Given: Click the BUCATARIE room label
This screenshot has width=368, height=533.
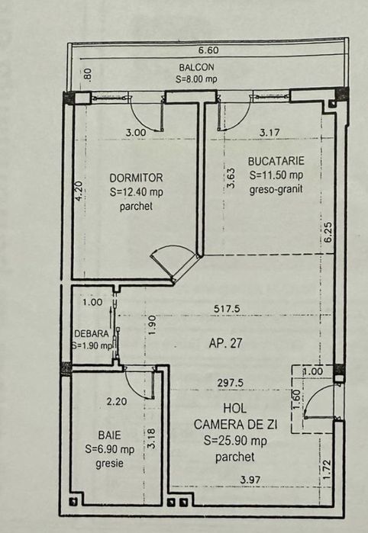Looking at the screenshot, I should pyautogui.click(x=276, y=161).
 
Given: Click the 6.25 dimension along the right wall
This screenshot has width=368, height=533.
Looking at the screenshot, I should pyautogui.click(x=328, y=232).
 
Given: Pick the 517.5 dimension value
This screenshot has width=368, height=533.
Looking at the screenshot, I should pyautogui.click(x=227, y=308).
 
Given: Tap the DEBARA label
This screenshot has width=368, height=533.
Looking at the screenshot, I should pyautogui.click(x=91, y=333).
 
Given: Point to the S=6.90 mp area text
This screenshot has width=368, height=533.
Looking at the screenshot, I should pyautogui.click(x=111, y=448).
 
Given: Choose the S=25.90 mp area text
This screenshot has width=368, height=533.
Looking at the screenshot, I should pyautogui.click(x=236, y=441).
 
